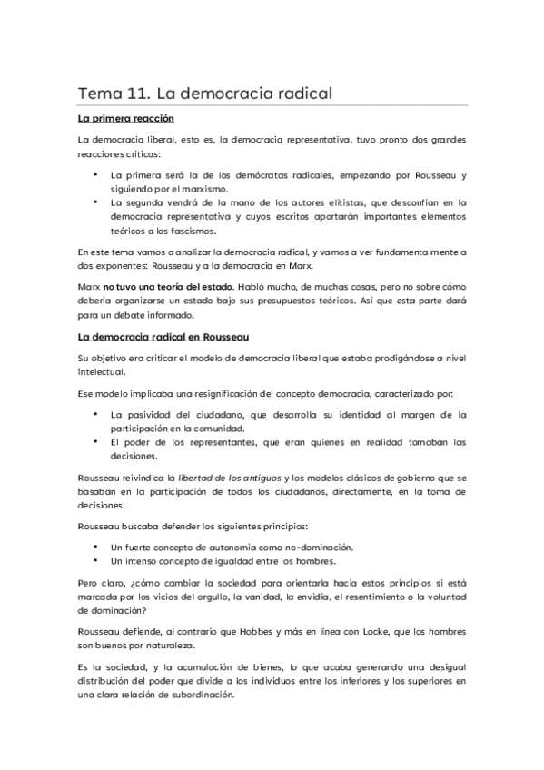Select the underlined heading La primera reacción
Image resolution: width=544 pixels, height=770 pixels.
pyautogui.click(x=125, y=119)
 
